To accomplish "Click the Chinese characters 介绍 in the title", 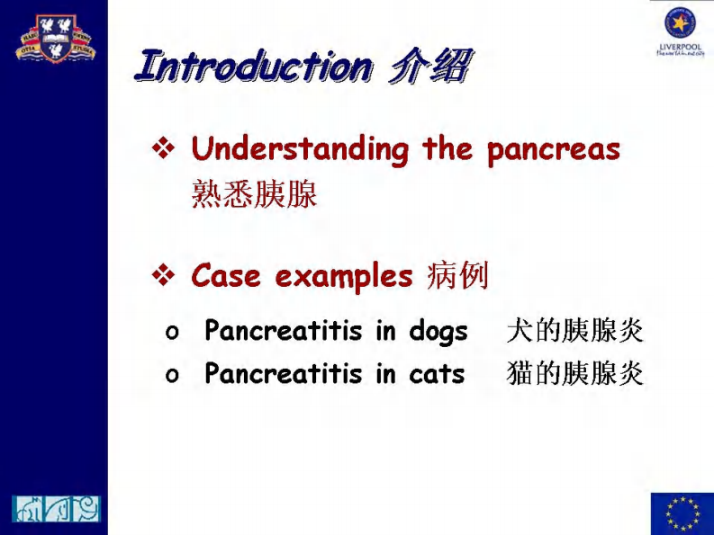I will [430, 67].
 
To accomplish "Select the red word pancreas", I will [554, 150].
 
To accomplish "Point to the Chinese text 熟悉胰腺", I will [254, 195].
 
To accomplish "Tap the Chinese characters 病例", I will [456, 276].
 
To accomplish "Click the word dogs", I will [438, 332].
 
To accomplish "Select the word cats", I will [437, 373].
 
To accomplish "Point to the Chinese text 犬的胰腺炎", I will [575, 331].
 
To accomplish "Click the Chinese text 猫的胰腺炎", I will [575, 373].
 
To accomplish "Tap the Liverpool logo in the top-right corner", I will [681, 31].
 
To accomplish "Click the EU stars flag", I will [681, 513].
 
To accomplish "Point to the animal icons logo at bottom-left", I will [56, 509].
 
